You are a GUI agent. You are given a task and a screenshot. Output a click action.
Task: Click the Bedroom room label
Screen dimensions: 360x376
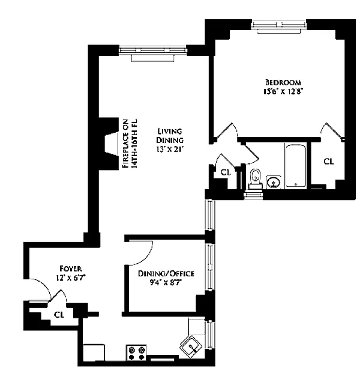pyautogui.click(x=283, y=82)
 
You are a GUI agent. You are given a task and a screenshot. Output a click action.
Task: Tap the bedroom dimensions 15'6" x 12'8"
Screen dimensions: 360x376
pyautogui.click(x=281, y=92)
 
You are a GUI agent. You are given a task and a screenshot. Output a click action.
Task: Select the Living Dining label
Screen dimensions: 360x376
pyautogui.click(x=170, y=136)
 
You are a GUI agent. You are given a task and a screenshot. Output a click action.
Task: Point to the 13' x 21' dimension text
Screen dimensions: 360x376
pyautogui.click(x=170, y=150)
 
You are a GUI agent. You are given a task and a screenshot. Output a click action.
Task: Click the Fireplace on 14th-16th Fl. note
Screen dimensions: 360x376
pyautogui.click(x=130, y=144)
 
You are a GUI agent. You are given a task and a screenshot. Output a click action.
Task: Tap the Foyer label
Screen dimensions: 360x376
pyautogui.click(x=71, y=268)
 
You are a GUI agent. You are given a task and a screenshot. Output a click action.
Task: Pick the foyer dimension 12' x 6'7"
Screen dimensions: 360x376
pyautogui.click(x=71, y=278)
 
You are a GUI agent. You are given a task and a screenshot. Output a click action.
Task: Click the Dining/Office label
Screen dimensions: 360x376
pyautogui.click(x=166, y=274)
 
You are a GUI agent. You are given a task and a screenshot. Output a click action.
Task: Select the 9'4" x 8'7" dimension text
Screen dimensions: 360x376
pyautogui.click(x=166, y=283)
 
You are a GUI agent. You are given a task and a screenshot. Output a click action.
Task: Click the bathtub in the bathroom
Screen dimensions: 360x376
pyautogui.click(x=296, y=166)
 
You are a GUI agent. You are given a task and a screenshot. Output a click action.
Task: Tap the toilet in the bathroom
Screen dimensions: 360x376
pyautogui.click(x=256, y=179)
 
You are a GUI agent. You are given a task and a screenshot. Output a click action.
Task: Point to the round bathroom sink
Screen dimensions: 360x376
pyautogui.click(x=273, y=182)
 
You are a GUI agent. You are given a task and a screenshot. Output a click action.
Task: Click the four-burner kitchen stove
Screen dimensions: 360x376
pyautogui.click(x=136, y=353)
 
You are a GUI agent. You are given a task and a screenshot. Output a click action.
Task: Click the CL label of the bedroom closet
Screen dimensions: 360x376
pyautogui.click(x=328, y=162)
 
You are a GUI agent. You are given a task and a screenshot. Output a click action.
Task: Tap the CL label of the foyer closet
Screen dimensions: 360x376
pyautogui.click(x=59, y=315)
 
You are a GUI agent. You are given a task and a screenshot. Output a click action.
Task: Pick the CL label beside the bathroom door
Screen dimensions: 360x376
pyautogui.click(x=226, y=172)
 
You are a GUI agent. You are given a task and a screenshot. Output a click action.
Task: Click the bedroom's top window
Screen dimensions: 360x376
pyautogui.click(x=279, y=25)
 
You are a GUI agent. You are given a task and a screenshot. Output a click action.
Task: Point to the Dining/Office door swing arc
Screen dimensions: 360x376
pyautogui.click(x=146, y=257)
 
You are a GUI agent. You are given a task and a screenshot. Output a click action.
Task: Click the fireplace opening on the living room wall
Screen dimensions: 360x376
pyautogui.click(x=112, y=145)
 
